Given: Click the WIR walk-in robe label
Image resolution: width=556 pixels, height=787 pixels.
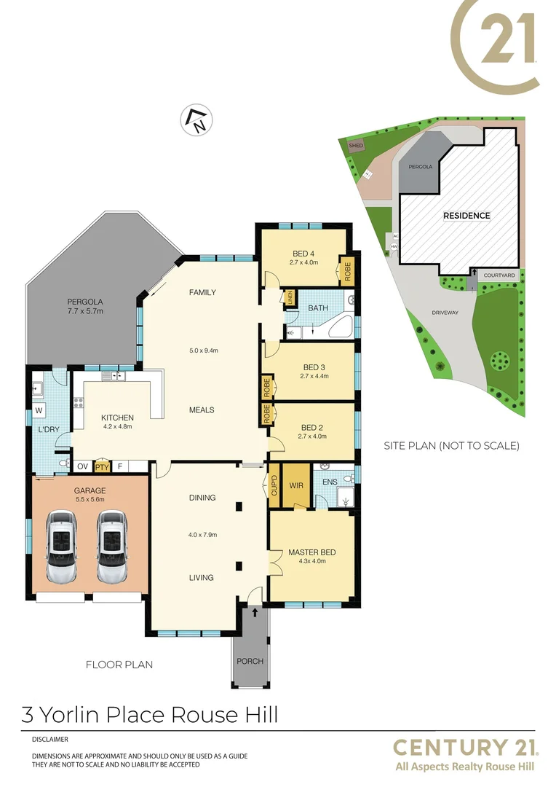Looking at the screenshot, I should pos(296,484).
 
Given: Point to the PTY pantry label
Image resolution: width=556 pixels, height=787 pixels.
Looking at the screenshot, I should pos(102,466).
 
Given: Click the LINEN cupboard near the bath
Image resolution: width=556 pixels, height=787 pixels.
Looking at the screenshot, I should pos(290,298).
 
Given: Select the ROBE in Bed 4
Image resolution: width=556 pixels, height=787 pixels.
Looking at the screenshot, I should pos(347,272).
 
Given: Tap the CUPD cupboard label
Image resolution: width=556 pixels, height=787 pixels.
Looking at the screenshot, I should pos(274,485).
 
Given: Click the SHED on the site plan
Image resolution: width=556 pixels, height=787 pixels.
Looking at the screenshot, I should pos(356,146).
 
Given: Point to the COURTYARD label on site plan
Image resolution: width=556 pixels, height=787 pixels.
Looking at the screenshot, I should pos(499,275).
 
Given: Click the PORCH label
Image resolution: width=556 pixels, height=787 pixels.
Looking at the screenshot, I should pos(250,662).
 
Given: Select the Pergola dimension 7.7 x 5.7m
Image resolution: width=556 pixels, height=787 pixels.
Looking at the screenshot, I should pos(85,312).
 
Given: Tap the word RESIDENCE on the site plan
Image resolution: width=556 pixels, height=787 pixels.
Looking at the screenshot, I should pos(466,216).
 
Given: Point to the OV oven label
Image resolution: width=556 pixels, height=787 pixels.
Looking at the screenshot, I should pos(82,466).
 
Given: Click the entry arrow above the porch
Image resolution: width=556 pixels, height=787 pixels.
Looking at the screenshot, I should pos(255,614).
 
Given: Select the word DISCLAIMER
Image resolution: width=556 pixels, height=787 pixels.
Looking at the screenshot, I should pos(50,739).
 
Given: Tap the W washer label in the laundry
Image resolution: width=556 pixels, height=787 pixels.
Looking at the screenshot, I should pos(39,410).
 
